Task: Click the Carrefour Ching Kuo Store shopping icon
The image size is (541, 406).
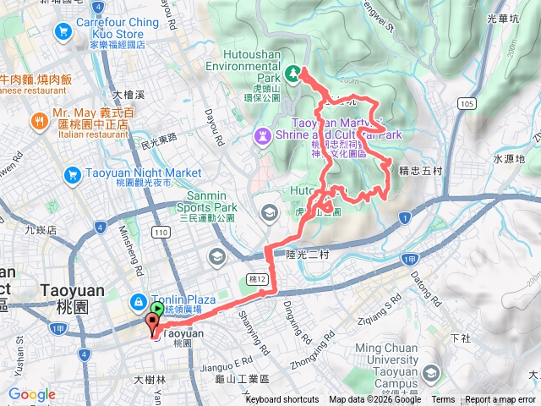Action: point(63,32)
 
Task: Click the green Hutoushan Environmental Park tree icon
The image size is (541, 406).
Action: point(292,74)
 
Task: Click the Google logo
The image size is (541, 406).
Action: point(31,395)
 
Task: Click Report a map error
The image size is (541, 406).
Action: point(500,400)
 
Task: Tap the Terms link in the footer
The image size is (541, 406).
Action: point(443,400)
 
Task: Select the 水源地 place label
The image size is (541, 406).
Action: point(509,158)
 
